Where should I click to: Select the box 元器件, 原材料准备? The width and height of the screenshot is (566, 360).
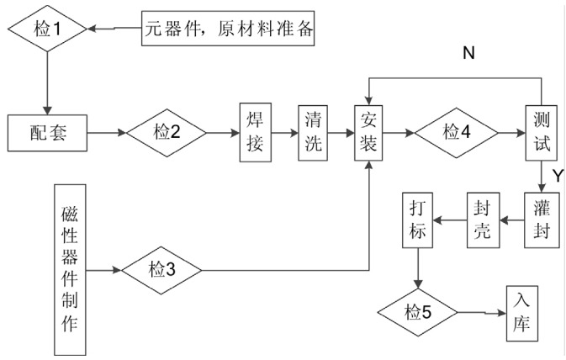[x=226, y=30]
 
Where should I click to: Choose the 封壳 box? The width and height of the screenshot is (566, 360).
[x=484, y=220]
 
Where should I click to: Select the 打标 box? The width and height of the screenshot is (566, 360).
[x=419, y=220]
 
